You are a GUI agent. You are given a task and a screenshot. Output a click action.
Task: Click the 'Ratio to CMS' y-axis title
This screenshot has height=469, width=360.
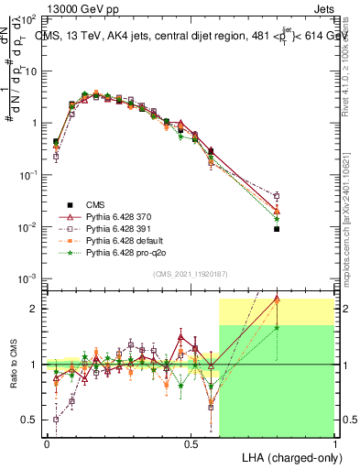(12, 377)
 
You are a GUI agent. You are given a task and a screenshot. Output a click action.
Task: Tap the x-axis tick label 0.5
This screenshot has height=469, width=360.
(191, 443)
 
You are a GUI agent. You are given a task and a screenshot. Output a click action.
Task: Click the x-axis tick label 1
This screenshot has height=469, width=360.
(334, 443)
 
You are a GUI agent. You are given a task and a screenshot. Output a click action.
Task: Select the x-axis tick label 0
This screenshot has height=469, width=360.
(47, 443)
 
